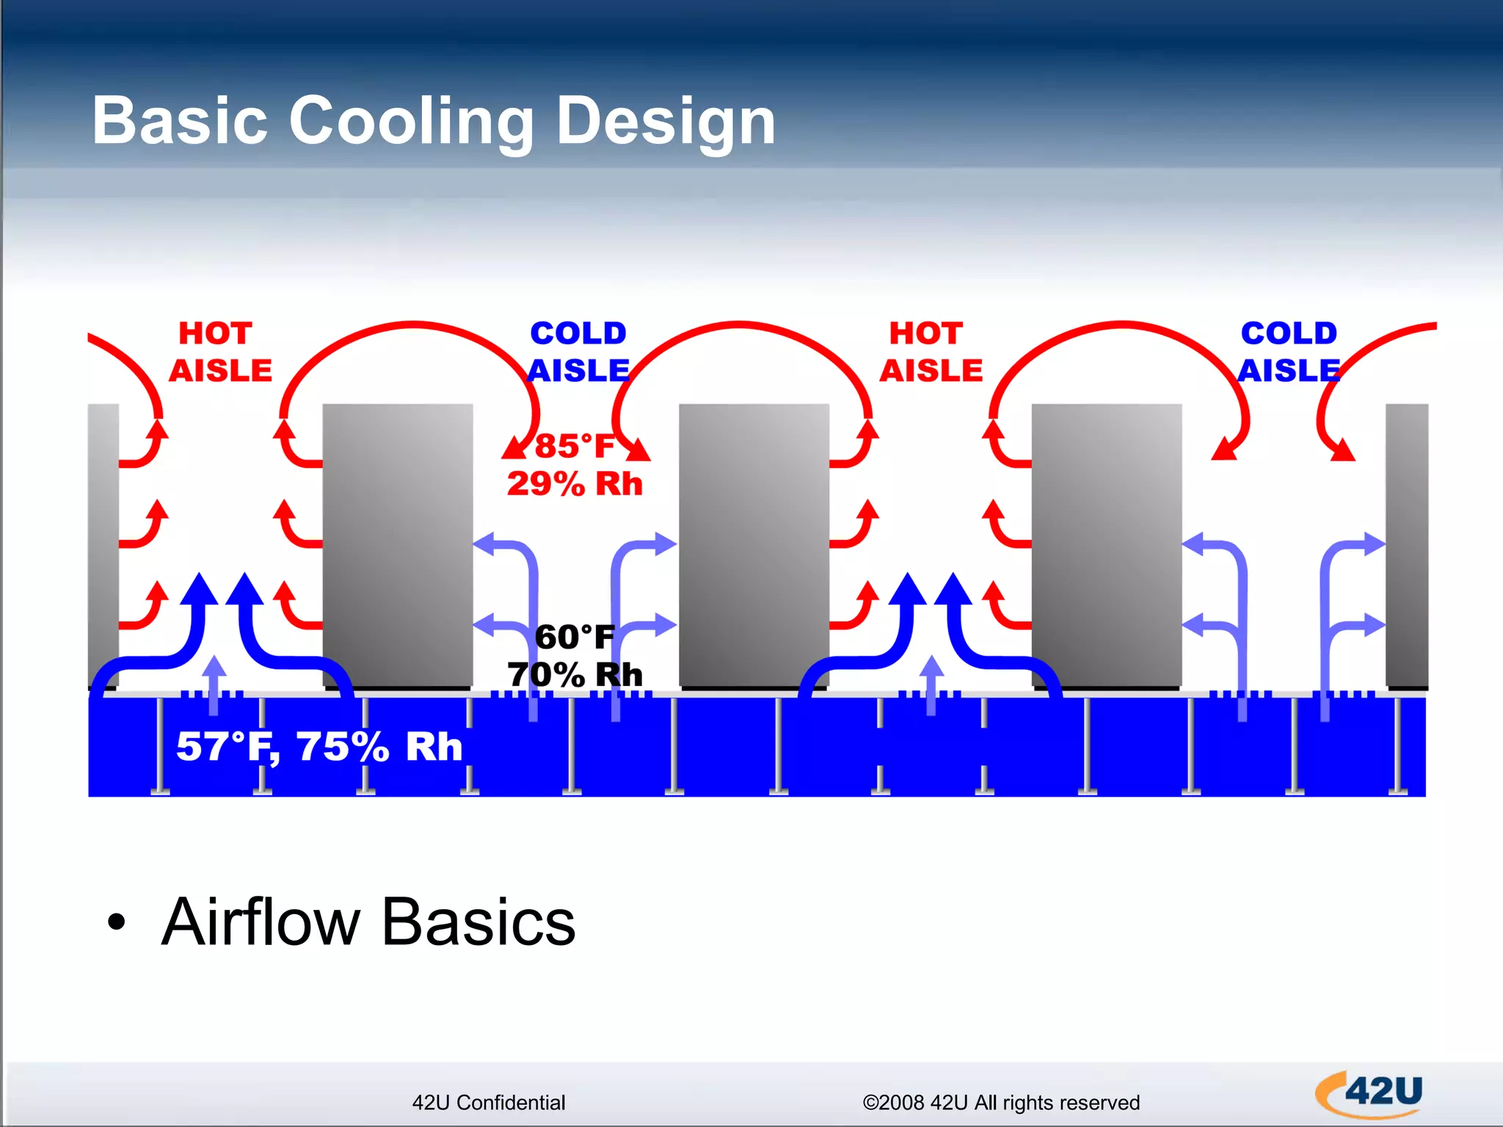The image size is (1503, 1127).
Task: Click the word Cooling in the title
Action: click(x=411, y=121)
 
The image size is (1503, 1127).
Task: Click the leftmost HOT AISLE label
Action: click(x=219, y=352)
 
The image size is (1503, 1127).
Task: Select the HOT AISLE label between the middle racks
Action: click(x=930, y=352)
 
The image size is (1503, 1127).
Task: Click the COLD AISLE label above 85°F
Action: click(x=578, y=352)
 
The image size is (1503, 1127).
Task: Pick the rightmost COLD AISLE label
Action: click(x=1289, y=352)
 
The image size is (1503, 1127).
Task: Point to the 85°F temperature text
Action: click(x=574, y=446)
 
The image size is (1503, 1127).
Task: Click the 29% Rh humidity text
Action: click(x=574, y=484)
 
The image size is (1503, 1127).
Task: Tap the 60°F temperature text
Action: click(x=574, y=637)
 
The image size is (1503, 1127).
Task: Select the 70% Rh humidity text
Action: click(x=574, y=675)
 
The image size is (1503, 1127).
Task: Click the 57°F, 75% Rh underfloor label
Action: click(x=319, y=747)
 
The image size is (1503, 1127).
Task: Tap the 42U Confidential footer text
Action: click(x=488, y=1103)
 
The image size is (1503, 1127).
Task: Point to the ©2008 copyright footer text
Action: click(x=1000, y=1103)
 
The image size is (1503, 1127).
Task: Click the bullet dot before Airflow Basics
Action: click(x=117, y=922)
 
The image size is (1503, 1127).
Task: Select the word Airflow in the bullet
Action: click(x=260, y=922)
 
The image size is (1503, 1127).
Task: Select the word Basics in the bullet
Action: click(x=478, y=922)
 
